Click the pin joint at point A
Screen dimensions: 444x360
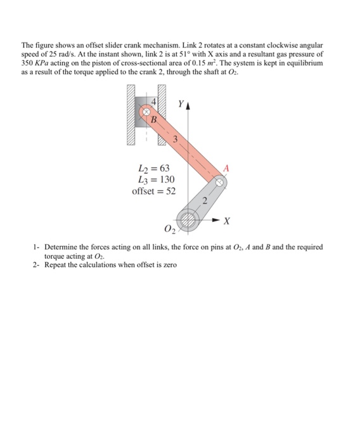tap(219, 183)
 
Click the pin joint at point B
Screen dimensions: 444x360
tap(145, 112)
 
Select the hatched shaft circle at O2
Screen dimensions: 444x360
tap(188, 221)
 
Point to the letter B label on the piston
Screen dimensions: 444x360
tap(153, 118)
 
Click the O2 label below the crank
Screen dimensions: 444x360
tap(169, 229)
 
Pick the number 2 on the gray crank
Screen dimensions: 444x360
tap(205, 202)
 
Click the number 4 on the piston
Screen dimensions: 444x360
tap(152, 102)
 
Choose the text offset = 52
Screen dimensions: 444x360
tap(154, 191)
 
